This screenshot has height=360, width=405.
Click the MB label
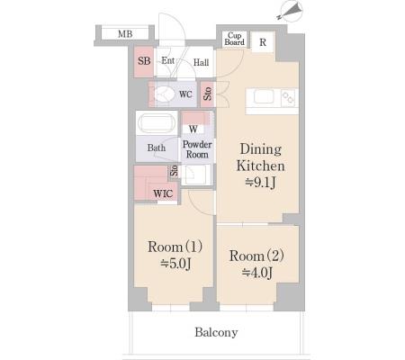click(125, 34)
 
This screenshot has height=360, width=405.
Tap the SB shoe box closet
click(144, 61)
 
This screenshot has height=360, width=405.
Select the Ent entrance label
click(167, 60)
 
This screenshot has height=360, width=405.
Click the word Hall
click(201, 62)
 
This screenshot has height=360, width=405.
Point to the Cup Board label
click(235, 39)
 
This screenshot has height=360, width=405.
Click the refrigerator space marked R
click(263, 42)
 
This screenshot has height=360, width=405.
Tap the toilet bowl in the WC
click(164, 94)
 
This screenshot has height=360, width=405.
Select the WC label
click(185, 94)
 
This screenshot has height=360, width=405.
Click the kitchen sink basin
click(264, 97)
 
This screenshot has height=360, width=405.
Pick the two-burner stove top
click(289, 98)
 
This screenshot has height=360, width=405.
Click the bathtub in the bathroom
click(156, 123)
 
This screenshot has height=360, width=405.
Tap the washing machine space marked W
click(193, 129)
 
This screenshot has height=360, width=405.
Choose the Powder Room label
click(197, 149)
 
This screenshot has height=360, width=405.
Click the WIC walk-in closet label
click(163, 193)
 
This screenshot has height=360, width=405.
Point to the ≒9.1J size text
click(260, 183)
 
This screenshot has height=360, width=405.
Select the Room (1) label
click(175, 247)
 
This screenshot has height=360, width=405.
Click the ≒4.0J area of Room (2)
click(257, 273)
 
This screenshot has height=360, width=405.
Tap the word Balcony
click(216, 332)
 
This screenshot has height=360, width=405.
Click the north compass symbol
click(291, 11)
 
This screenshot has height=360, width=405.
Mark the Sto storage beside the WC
click(208, 94)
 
